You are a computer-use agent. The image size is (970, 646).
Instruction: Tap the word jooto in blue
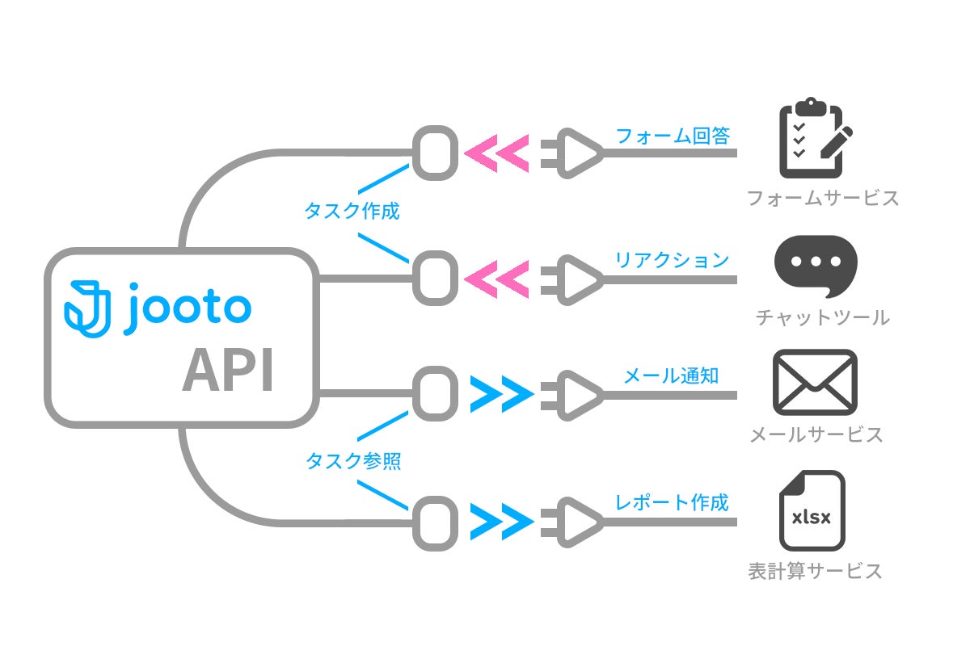(188, 308)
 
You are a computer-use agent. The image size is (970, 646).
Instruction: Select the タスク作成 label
(352, 212)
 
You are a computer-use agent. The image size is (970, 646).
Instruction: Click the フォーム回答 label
(673, 136)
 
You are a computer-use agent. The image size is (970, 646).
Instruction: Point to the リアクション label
(672, 260)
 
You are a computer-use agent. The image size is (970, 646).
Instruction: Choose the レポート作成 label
(672, 502)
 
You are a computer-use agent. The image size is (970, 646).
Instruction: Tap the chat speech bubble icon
(815, 264)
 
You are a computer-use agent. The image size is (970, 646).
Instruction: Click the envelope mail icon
(814, 382)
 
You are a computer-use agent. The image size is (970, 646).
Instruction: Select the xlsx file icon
(812, 511)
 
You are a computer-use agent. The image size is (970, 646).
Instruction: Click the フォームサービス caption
(822, 198)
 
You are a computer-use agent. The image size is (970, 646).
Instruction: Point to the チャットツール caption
(822, 317)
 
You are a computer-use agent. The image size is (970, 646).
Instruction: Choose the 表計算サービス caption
(815, 572)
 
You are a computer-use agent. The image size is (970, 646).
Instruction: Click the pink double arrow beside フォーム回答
(497, 152)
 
